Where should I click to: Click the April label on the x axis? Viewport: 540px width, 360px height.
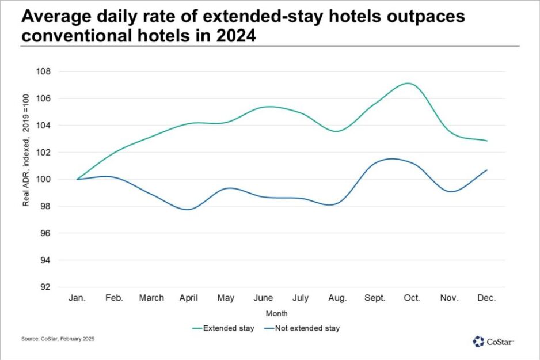click(x=189, y=298)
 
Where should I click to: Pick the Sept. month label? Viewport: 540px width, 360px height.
click(x=375, y=298)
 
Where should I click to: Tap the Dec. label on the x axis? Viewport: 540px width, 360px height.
click(x=486, y=298)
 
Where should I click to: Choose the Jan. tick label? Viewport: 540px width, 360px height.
click(x=77, y=298)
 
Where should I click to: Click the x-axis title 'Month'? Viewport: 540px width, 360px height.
click(x=276, y=314)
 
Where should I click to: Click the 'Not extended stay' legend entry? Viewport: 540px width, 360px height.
click(x=303, y=328)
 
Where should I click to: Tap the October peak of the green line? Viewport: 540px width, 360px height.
click(x=408, y=83)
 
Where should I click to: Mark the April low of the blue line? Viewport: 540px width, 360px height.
click(x=189, y=209)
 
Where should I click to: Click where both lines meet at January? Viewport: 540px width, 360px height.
click(x=77, y=179)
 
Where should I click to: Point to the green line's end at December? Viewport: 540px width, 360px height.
click(x=486, y=141)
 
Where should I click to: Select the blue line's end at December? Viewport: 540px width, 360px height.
click(x=486, y=170)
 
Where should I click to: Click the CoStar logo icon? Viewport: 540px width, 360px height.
click(x=478, y=342)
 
